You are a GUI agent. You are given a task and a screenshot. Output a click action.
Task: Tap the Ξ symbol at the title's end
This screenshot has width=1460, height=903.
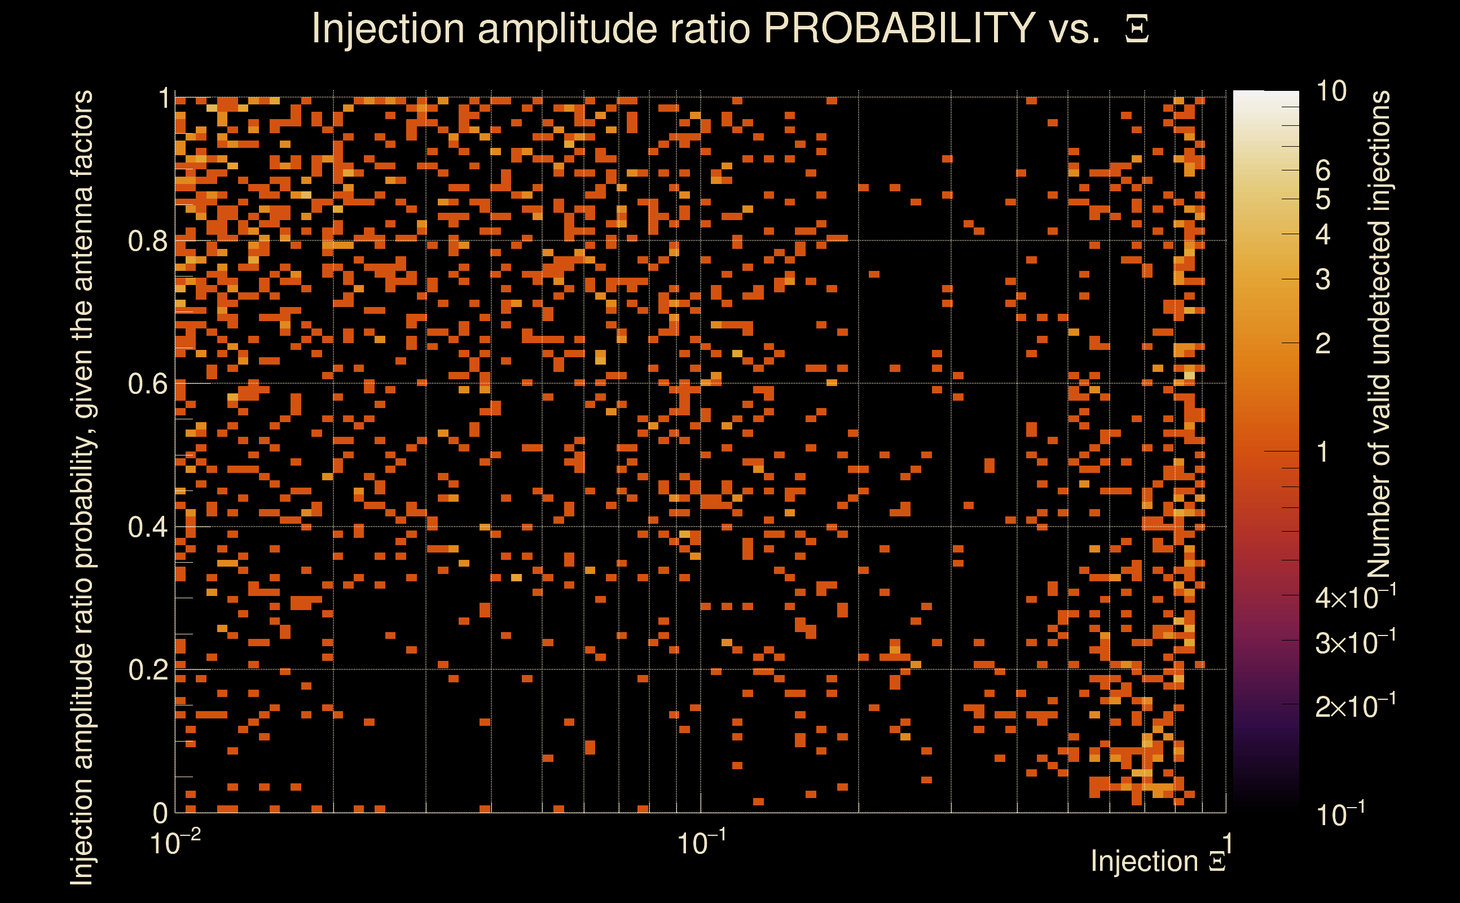pyautogui.click(x=1137, y=29)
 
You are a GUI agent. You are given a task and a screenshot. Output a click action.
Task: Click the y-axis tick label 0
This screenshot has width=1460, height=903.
pyautogui.click(x=161, y=813)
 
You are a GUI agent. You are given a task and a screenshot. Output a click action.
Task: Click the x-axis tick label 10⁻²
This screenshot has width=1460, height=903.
pyautogui.click(x=174, y=843)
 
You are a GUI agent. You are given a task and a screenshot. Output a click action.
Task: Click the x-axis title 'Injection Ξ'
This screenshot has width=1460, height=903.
pyautogui.click(x=1158, y=861)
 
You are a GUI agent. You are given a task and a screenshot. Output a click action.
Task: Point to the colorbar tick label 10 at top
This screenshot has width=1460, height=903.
pyautogui.click(x=1331, y=91)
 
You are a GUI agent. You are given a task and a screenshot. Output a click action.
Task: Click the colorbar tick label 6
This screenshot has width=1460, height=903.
pyautogui.click(x=1323, y=171)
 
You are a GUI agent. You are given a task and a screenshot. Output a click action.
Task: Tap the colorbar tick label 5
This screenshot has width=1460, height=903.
pyautogui.click(x=1323, y=199)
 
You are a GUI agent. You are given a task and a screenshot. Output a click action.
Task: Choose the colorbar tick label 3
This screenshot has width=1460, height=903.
pyautogui.click(x=1323, y=279)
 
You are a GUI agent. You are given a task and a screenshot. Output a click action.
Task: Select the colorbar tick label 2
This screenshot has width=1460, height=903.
pyautogui.click(x=1323, y=343)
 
